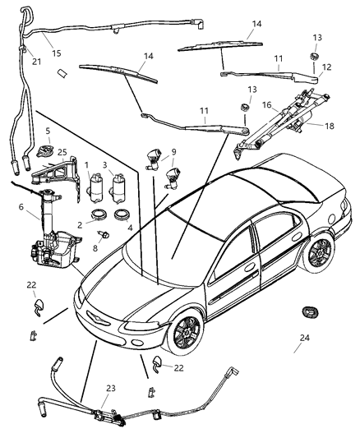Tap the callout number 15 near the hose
coord(57,53)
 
